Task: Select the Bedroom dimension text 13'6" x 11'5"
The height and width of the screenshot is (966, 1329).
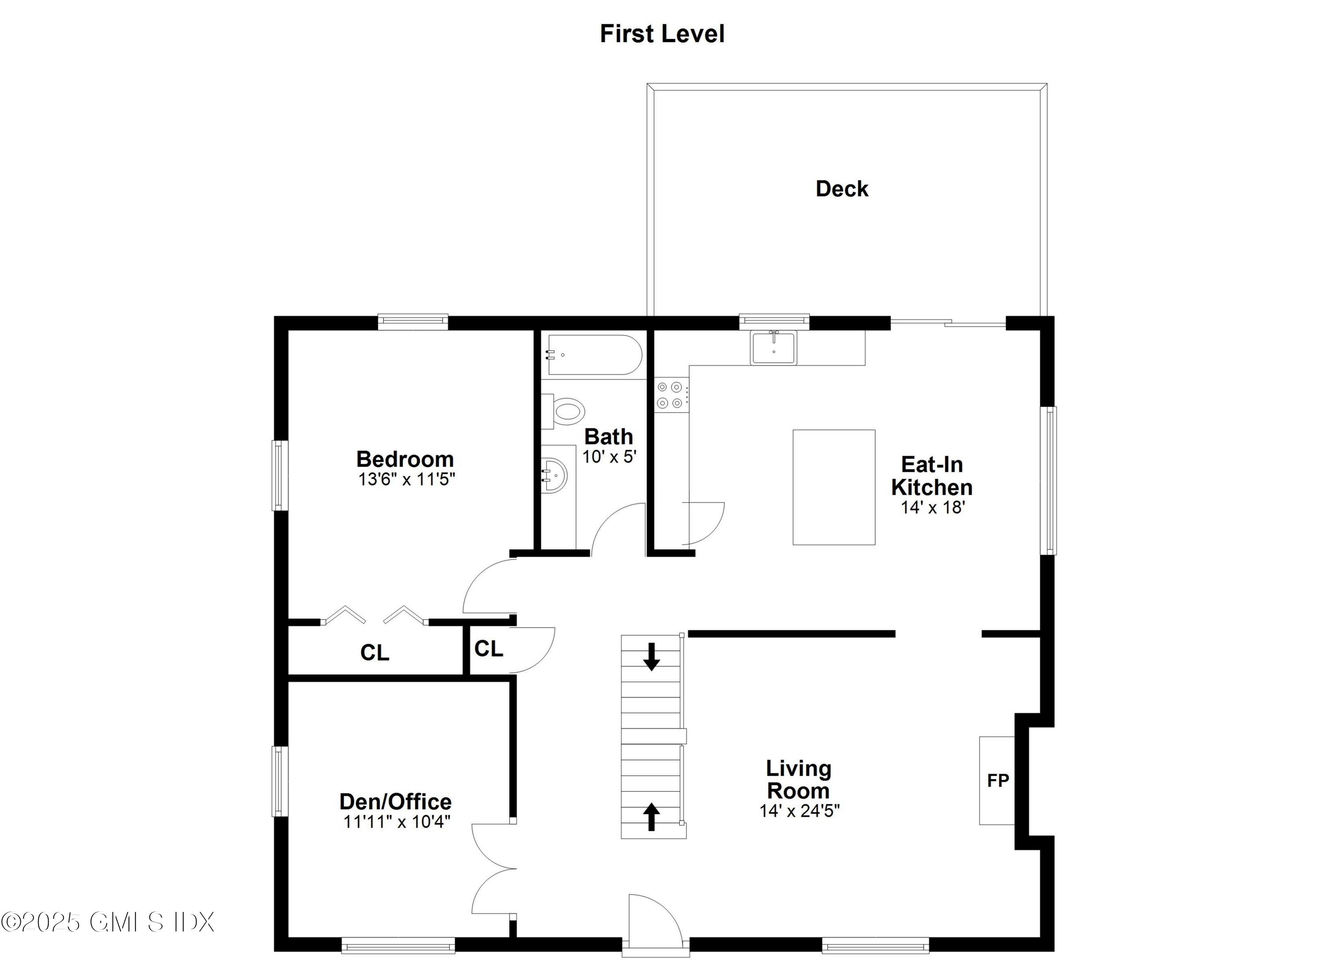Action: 406,479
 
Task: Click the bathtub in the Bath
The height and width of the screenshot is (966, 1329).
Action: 594,354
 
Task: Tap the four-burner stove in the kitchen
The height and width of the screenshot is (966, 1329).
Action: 671,395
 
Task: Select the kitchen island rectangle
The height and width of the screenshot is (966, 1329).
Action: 833,487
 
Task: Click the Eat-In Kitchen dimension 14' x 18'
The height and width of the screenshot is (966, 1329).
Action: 932,507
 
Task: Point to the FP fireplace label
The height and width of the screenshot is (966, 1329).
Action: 998,780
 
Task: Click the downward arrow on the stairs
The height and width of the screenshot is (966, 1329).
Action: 651,657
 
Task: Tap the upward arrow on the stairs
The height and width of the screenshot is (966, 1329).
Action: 651,816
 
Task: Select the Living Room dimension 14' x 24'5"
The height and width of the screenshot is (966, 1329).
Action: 799,811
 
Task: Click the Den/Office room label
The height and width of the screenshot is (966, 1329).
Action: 396,801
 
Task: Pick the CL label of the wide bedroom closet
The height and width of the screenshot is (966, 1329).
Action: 374,652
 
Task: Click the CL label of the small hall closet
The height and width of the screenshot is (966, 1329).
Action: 488,648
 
